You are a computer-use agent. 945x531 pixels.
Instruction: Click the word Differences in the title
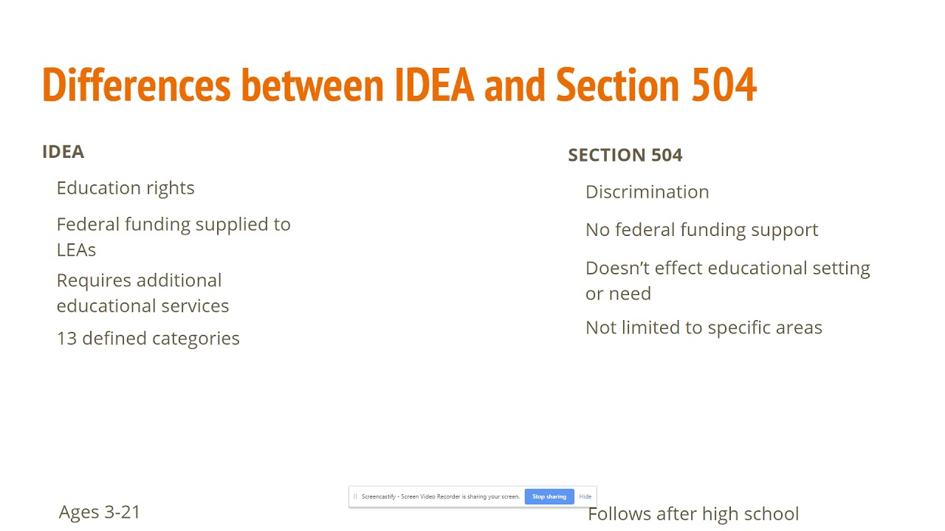137,85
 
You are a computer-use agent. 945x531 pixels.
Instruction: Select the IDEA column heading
63,152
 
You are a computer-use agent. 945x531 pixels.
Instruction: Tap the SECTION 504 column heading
625,155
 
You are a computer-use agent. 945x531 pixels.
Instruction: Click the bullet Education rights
126,188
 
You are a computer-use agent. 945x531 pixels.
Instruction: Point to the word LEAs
76,250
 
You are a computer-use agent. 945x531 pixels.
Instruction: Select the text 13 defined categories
148,339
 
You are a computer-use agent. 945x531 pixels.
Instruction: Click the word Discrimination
647,192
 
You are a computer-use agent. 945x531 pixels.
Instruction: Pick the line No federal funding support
701,230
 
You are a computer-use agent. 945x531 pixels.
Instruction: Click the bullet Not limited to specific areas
704,328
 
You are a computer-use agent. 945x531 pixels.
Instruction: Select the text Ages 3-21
100,512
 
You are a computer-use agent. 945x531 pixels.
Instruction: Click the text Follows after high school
693,514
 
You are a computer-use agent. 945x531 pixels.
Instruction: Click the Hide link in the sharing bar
585,497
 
